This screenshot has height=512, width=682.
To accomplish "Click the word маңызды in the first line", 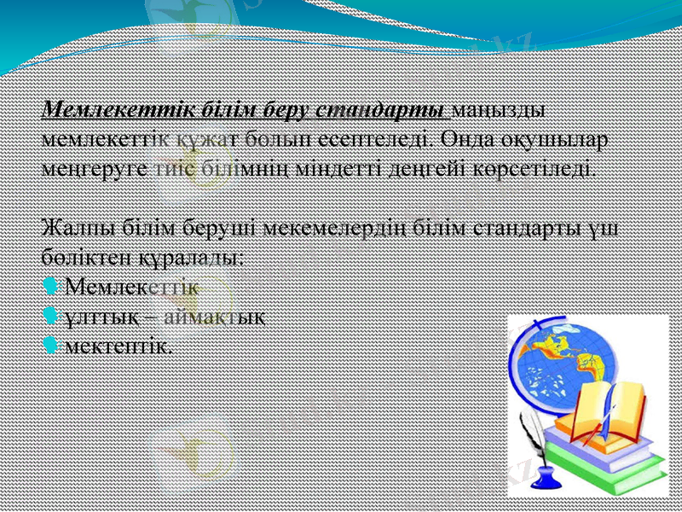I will tap(499, 111).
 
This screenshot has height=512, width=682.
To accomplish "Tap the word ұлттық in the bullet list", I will tap(96, 316).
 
